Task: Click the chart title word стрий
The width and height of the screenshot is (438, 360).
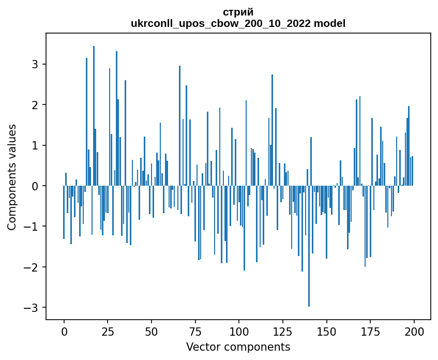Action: [x=238, y=12]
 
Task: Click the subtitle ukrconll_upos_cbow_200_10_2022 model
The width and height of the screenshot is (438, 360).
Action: [x=238, y=23]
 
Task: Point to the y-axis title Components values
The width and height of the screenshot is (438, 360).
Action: [x=11, y=177]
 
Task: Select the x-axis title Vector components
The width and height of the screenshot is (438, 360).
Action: [x=238, y=347]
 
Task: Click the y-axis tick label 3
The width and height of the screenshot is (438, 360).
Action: [x=36, y=64]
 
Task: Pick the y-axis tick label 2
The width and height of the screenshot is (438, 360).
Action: [x=36, y=105]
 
